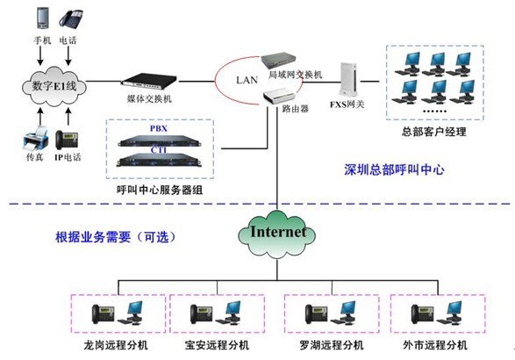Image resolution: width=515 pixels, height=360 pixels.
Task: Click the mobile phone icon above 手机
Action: pos(42,18)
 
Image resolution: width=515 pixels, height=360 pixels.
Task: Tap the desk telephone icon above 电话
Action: pos(70,19)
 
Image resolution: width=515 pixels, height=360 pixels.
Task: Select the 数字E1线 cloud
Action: pos(54,86)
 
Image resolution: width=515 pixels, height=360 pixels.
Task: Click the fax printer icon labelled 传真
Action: pos(36,139)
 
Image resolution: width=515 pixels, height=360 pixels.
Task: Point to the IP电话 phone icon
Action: pos(67,140)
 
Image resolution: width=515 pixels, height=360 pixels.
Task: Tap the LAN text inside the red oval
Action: pos(247,80)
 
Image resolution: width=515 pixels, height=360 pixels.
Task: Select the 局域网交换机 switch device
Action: pos(278,61)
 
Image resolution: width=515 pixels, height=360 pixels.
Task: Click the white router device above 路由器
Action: pos(280,97)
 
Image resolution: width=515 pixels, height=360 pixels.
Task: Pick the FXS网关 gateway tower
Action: pos(348,80)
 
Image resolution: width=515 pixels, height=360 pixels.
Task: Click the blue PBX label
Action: pos(159,128)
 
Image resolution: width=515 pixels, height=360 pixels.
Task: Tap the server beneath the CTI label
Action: pos(159,160)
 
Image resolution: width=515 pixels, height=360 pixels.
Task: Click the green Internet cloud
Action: pos(277,234)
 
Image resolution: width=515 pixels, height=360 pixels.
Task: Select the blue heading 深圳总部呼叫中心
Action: pos(394,169)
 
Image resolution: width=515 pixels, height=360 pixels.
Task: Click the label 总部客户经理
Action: pos(434,132)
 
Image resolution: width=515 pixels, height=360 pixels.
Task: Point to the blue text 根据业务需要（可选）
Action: pos(116,237)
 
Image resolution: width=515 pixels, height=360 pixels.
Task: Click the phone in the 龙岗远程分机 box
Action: pos(103,314)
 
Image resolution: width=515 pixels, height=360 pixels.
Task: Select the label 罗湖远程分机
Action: pos(332,345)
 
